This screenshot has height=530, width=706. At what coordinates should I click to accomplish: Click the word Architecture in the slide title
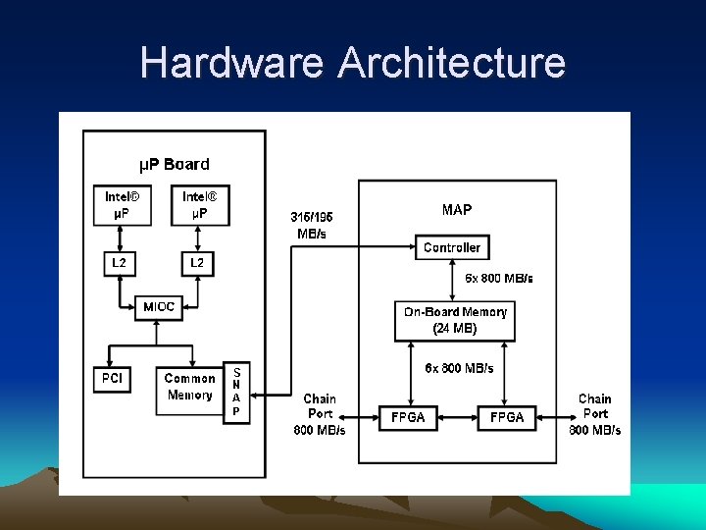tap(452, 63)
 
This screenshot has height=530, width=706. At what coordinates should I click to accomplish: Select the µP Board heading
tap(173, 164)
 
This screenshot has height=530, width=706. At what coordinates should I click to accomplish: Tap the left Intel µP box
tap(120, 205)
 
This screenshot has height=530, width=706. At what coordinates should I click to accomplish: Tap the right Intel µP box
tap(198, 205)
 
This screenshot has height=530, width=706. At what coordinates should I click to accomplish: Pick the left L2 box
tap(119, 263)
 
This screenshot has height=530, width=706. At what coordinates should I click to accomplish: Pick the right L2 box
tap(197, 263)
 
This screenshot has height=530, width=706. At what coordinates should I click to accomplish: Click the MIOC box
tap(159, 307)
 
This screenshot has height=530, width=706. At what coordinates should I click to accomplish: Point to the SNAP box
tap(236, 392)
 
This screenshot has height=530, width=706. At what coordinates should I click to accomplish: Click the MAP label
tap(456, 210)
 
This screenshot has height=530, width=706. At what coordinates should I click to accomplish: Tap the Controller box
tap(452, 247)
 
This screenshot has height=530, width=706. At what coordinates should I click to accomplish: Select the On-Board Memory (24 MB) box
tap(455, 320)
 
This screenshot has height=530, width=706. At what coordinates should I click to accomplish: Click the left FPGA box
tap(408, 417)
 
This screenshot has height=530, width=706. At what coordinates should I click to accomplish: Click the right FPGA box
tap(506, 417)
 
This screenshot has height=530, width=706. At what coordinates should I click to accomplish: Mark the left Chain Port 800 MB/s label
tap(320, 414)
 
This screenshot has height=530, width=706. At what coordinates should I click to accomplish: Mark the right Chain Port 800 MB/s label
tap(594, 414)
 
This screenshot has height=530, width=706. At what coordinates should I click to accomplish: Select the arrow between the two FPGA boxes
tap(457, 417)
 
